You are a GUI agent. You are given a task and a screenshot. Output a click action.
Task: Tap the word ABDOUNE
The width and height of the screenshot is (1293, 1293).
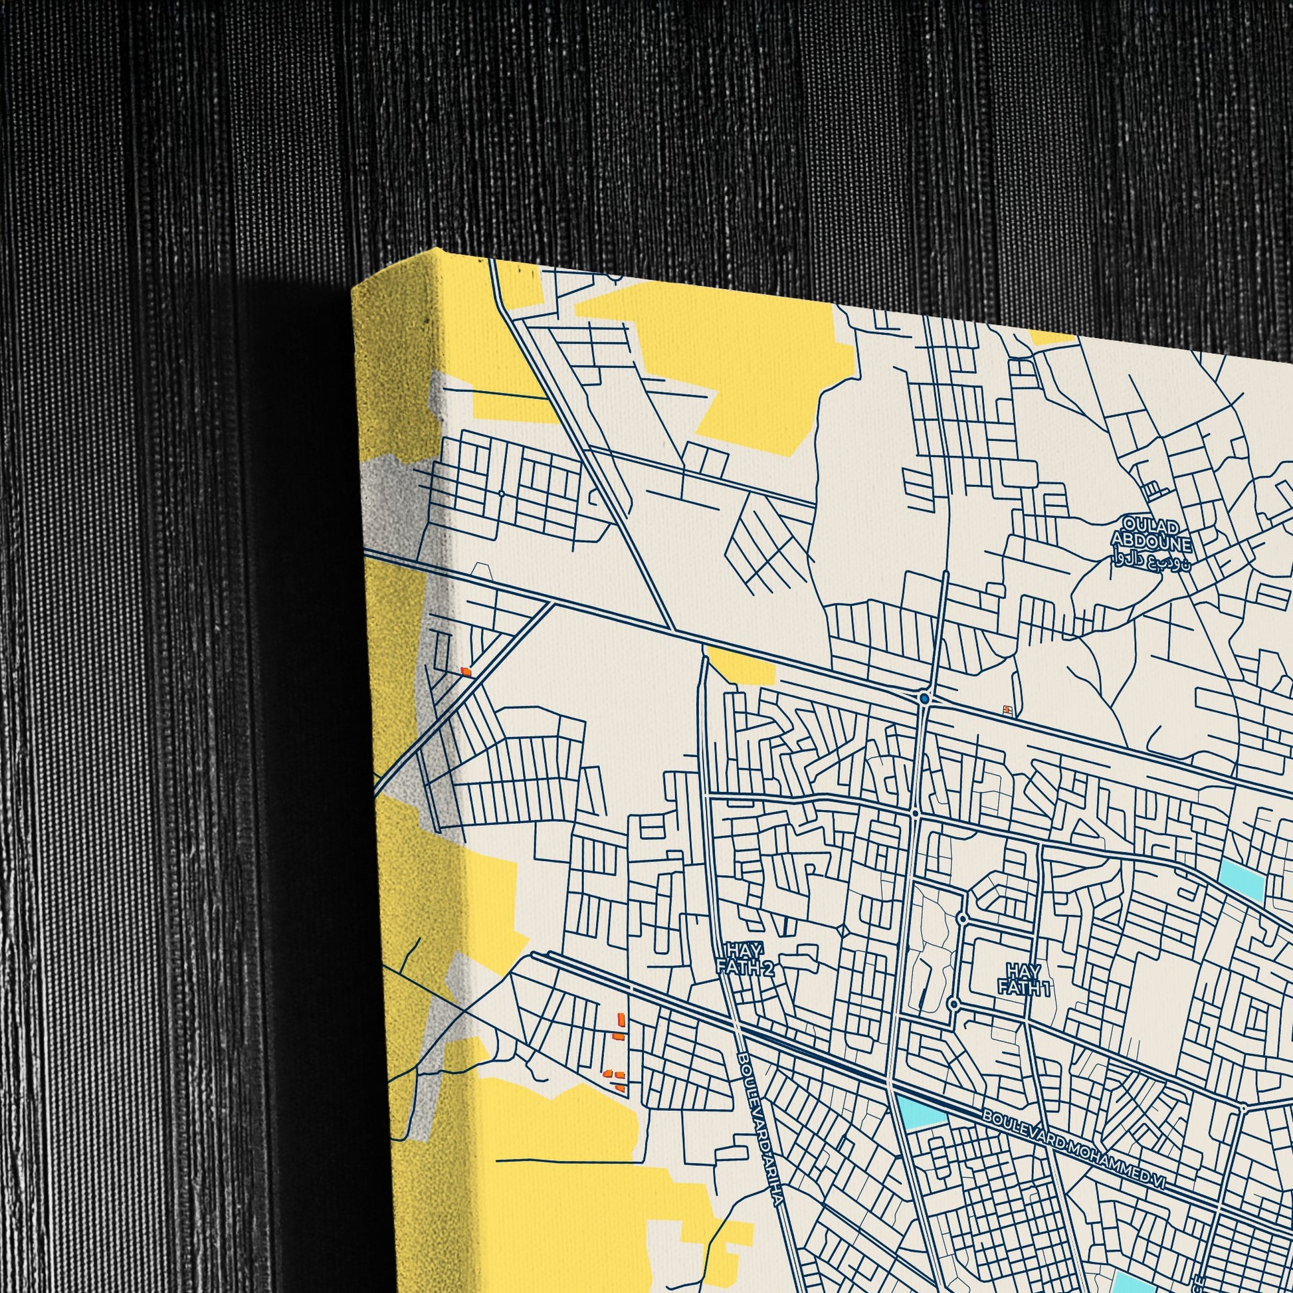[x=1151, y=540]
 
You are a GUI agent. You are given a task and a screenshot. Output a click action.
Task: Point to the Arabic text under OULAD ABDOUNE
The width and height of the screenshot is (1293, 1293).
[x=1151, y=559]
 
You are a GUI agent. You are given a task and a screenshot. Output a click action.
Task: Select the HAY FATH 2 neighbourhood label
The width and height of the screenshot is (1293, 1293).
[x=744, y=958]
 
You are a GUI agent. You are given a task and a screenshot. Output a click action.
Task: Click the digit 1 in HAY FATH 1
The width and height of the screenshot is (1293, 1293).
[x=1046, y=988]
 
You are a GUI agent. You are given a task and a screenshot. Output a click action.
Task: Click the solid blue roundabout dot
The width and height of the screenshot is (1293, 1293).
[x=924, y=699]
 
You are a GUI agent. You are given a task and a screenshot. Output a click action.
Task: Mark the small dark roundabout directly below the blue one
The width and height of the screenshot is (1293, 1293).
[x=915, y=813]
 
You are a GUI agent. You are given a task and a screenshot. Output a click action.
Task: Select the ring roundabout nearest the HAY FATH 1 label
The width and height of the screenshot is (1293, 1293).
[x=953, y=1004]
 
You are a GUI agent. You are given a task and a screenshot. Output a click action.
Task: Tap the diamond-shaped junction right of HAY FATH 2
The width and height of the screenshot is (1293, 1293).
[x=844, y=932]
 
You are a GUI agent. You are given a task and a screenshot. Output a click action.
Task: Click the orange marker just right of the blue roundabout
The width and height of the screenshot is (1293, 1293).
[x=1005, y=710]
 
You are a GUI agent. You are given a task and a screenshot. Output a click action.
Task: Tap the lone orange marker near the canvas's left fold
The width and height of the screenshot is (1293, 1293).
[x=466, y=670]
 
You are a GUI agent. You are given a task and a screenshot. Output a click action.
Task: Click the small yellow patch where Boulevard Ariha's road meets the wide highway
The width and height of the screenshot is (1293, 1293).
[x=741, y=664]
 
